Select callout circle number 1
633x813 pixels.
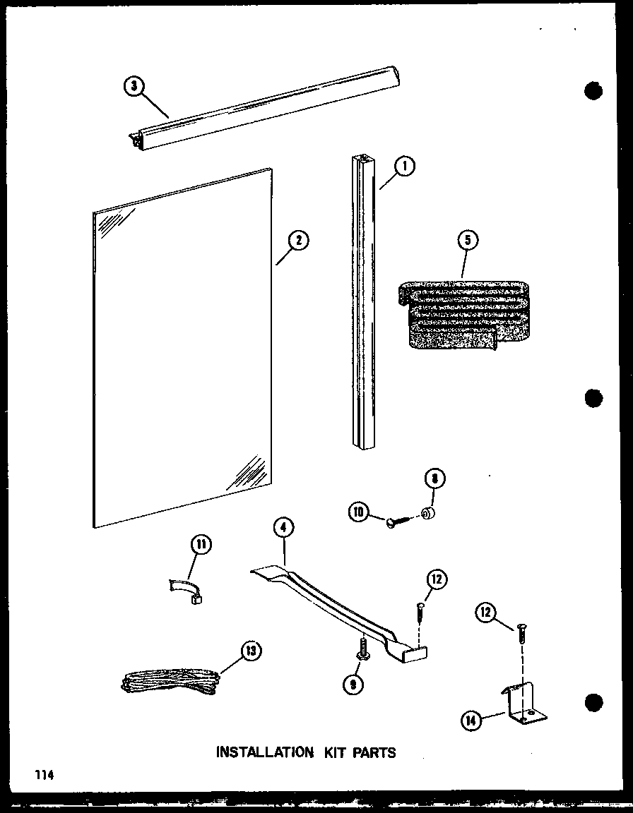[x=404, y=167]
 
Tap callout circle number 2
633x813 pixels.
[x=299, y=241]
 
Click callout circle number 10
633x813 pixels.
[x=358, y=512]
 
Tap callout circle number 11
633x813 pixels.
[x=201, y=546]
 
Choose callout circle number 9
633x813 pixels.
[x=352, y=682]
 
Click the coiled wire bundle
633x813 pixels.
[x=170, y=682]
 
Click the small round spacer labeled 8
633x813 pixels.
[x=428, y=512]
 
